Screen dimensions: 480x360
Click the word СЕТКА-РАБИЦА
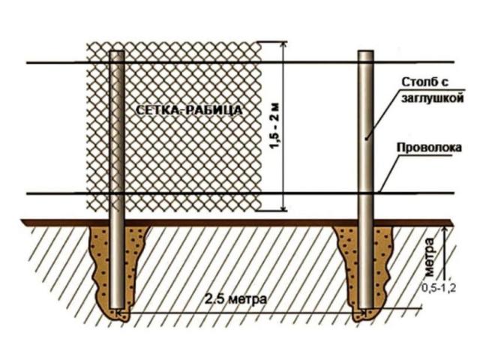pos(189,110)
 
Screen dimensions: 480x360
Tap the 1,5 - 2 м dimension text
pos(275,126)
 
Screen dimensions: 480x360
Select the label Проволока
pos(429,148)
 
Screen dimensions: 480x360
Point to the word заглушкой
pos(432,98)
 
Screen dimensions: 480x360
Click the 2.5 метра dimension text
pos(235,298)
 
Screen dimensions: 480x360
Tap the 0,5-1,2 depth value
pos(439,288)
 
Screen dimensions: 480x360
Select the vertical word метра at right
pos(430,256)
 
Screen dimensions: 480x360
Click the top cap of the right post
pos(366,52)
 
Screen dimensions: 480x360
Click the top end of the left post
pos(117,52)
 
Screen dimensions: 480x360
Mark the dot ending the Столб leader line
pos(366,138)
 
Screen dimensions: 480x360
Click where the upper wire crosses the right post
pos(366,62)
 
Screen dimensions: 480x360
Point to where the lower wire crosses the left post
pos(117,193)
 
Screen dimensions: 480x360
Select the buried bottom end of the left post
pos(117,307)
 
